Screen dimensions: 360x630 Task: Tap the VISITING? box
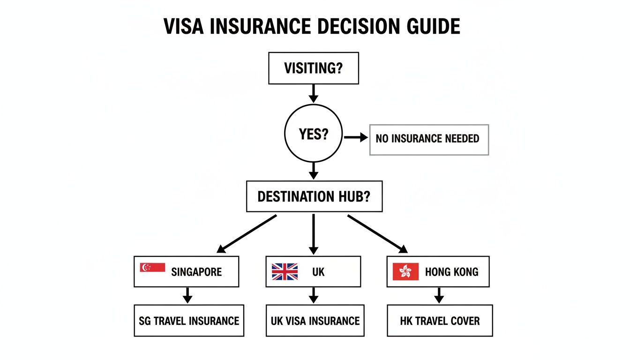(x=313, y=68)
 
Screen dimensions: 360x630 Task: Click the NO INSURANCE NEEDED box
(x=429, y=139)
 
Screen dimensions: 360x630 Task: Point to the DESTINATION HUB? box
(x=314, y=196)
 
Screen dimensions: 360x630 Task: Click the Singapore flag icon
(x=152, y=268)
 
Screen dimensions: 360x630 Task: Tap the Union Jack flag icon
(x=285, y=271)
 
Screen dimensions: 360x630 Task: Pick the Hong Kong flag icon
(x=405, y=271)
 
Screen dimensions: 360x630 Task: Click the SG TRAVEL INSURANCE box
(x=189, y=321)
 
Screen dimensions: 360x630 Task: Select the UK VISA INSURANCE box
(x=315, y=321)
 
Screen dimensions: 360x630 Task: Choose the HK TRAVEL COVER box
(x=440, y=321)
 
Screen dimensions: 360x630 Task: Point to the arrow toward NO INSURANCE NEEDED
(x=356, y=137)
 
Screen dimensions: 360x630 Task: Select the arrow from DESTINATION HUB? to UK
(x=314, y=234)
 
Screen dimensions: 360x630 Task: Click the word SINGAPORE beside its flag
(x=196, y=271)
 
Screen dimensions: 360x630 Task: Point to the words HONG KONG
(x=451, y=271)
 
